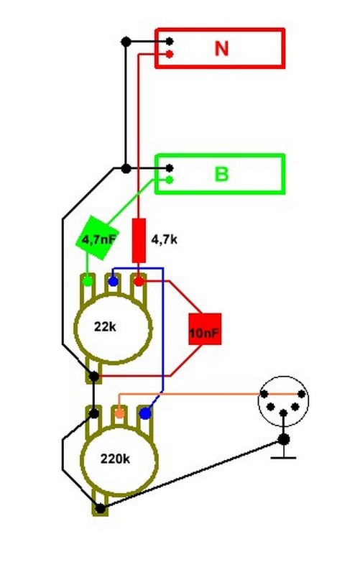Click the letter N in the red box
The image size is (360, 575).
point(221,48)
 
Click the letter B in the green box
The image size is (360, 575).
point(221,174)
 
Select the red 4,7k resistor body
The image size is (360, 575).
point(139,241)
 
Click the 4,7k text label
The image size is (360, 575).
point(165,239)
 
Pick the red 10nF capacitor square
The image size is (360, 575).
point(205,329)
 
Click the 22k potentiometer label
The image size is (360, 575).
point(105,326)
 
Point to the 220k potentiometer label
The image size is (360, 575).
point(115,459)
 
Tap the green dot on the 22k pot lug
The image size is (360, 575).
point(87,281)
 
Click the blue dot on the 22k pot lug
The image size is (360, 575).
point(114,281)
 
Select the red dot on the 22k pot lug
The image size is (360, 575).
point(139,281)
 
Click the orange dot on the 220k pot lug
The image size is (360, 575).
point(119,413)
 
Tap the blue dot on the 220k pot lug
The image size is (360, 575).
point(146,413)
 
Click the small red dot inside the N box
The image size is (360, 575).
point(170,55)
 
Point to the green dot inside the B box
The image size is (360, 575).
point(170,180)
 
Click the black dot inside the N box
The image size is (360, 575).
point(170,41)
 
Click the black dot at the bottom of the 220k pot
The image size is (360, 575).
point(100,508)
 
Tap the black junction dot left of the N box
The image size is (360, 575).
point(126,42)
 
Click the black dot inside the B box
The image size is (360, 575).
point(170,168)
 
